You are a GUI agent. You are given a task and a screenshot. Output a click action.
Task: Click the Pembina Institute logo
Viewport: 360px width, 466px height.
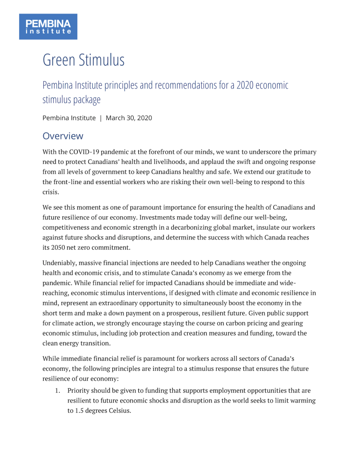pos(48,26)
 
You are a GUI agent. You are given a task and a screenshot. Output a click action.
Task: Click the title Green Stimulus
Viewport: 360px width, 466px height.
pos(83,61)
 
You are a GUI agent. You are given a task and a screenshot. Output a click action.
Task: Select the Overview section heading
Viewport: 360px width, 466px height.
pos(63,136)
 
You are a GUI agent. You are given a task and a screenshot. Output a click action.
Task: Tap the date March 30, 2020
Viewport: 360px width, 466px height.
pos(129,118)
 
